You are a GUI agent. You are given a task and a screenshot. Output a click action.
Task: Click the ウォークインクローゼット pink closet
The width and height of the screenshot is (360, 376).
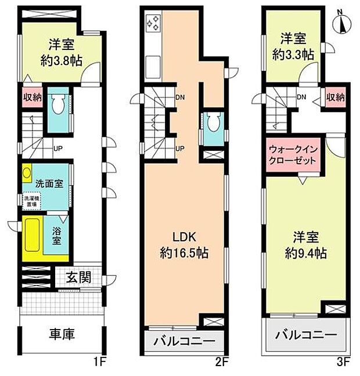click(293, 156)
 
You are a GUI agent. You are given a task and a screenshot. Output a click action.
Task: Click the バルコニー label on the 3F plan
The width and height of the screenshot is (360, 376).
click(305, 336)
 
